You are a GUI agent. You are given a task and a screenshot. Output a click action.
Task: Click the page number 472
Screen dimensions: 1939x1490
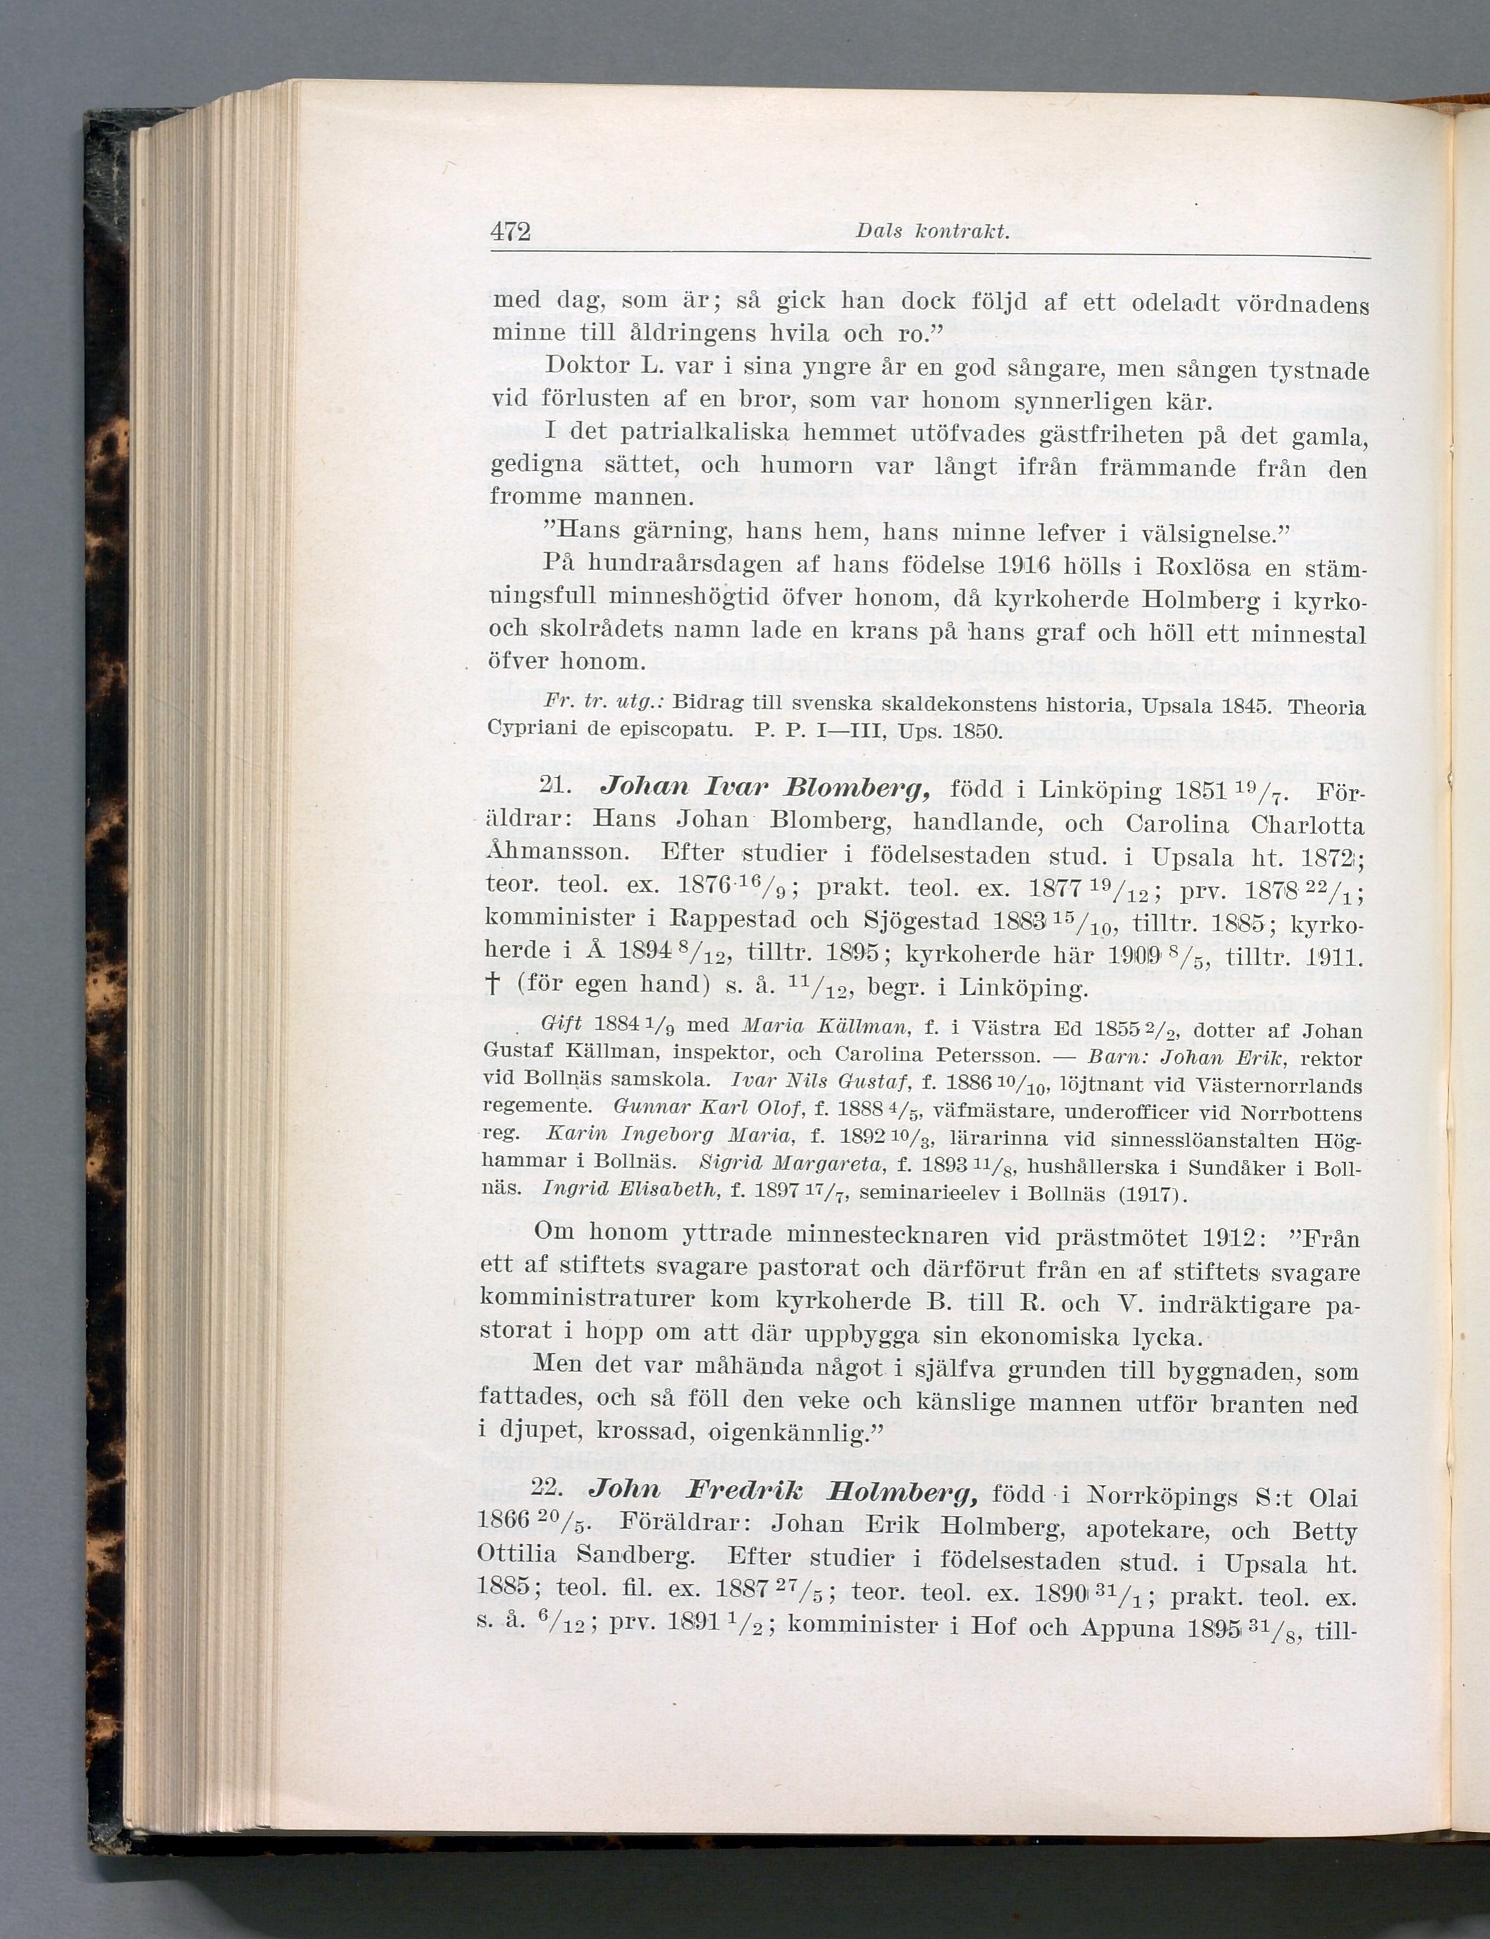point(510,232)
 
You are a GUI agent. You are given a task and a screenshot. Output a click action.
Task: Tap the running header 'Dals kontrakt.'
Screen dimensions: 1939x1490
point(932,232)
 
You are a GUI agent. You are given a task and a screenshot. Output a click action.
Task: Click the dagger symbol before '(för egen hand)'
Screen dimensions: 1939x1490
point(493,985)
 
